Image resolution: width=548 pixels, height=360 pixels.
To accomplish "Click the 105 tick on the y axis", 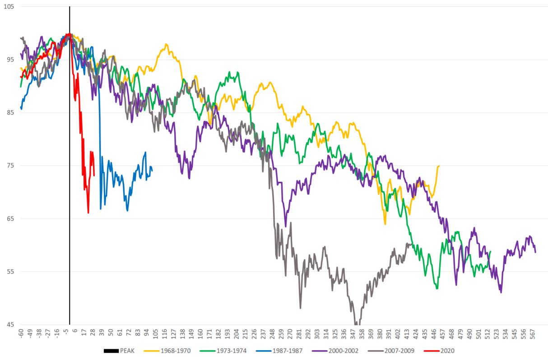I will pyautogui.click(x=9, y=7).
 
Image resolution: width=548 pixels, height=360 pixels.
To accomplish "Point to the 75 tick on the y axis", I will pyautogui.click(x=10, y=166).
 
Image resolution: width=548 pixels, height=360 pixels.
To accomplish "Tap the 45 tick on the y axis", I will pyautogui.click(x=10, y=324).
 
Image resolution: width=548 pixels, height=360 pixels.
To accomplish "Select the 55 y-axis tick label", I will pyautogui.click(x=10, y=272).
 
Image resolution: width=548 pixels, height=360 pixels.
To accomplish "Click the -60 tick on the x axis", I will pyautogui.click(x=21, y=333).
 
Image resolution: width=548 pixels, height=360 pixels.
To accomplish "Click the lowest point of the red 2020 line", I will pyautogui.click(x=88, y=212).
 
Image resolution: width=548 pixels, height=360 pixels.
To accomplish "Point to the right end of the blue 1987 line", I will pyautogui.click(x=152, y=171).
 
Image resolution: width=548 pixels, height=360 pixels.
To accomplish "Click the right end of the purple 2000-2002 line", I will pyautogui.click(x=535, y=252).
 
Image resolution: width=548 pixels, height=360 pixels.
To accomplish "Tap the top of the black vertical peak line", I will pyautogui.click(x=70, y=7).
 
